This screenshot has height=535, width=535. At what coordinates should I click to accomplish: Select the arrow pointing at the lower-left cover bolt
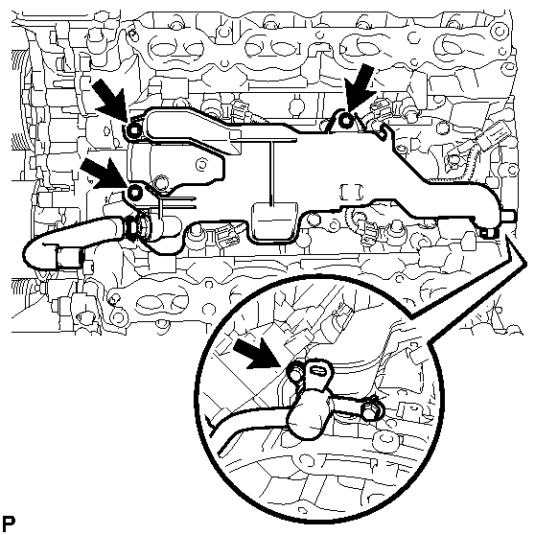pyautogui.click(x=105, y=173)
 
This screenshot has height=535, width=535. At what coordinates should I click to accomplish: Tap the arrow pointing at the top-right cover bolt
pyautogui.click(x=359, y=88)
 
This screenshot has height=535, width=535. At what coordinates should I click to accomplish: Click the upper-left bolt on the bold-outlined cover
pyautogui.click(x=133, y=129)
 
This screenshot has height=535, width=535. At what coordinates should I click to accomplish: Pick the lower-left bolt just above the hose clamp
pyautogui.click(x=135, y=193)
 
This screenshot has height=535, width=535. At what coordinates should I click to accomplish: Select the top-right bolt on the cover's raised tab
pyautogui.click(x=346, y=120)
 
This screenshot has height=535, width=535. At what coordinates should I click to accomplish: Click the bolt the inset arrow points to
pyautogui.click(x=294, y=372)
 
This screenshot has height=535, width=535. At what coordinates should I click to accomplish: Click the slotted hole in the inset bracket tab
pyautogui.click(x=318, y=369)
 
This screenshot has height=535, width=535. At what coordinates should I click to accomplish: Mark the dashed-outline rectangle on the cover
pyautogui.click(x=352, y=192)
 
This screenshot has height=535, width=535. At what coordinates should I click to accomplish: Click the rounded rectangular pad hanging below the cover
pyautogui.click(x=273, y=221)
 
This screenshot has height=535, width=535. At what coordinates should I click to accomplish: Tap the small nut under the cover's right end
pyautogui.click(x=488, y=233)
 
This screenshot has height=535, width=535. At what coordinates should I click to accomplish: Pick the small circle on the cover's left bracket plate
pyautogui.click(x=202, y=165)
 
